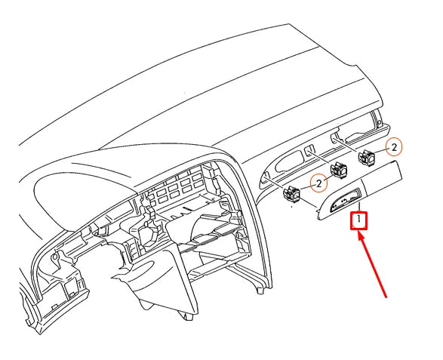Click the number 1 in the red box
[360, 220]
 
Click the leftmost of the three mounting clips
[292, 195]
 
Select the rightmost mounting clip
[368, 158]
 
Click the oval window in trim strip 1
[344, 202]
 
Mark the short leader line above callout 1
[360, 206]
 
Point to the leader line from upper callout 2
[380, 151]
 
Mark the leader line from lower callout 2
[306, 189]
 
